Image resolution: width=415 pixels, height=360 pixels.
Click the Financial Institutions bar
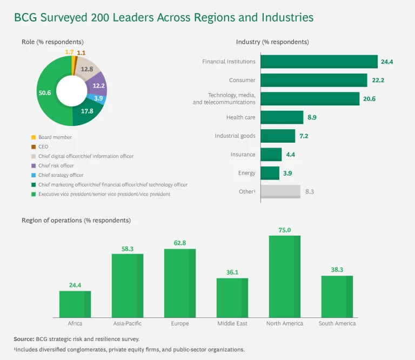pos(319,62)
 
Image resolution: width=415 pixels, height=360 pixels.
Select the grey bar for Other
pos(280,191)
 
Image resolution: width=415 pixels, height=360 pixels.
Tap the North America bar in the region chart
pos(284,276)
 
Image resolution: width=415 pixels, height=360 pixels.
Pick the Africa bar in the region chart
pos(75,304)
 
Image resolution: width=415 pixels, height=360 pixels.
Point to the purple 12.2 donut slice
pos(98,86)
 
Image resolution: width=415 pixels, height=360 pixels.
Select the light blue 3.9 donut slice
pos(98,98)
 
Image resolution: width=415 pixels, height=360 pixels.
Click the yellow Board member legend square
pos(34,137)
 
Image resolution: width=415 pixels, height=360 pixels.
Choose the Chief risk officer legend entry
pos(56,165)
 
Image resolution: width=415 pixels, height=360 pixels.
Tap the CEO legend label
pos(43,146)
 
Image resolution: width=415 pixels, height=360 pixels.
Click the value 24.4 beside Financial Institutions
pos(387,62)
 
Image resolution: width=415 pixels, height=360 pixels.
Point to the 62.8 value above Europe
pos(180,243)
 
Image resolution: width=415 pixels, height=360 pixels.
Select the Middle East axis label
pos(232,323)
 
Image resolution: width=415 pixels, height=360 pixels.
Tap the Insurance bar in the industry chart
pos(271,155)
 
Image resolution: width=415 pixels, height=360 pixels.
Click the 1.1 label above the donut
pos(81,53)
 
